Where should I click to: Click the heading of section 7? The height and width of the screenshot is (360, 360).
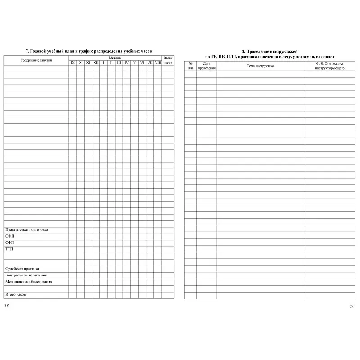[89, 52]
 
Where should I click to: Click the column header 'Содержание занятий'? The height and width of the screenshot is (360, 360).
[36, 60]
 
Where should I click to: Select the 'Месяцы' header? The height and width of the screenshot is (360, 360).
[115, 58]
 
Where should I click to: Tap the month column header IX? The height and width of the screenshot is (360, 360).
[72, 63]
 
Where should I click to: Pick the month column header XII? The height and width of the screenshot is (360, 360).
[96, 63]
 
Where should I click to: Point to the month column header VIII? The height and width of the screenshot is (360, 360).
[157, 63]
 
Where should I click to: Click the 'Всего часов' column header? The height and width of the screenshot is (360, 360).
[167, 60]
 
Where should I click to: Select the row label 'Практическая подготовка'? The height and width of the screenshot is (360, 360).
[27, 230]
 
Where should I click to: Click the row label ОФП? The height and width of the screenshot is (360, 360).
[10, 236]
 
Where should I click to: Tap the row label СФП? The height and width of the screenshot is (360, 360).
[10, 243]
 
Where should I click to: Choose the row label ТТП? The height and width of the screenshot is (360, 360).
[9, 249]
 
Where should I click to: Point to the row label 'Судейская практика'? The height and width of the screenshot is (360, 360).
[22, 269]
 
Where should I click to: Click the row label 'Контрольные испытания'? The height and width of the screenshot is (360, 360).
[26, 275]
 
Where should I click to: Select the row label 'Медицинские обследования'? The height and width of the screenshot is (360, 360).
[28, 282]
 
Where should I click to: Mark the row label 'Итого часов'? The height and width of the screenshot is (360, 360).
[16, 295]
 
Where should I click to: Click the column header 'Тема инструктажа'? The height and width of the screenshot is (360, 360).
[261, 66]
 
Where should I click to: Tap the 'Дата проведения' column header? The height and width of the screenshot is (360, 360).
[207, 66]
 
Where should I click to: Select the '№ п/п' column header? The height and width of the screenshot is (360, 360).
[190, 66]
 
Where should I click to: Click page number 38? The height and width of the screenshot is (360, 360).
[6, 305]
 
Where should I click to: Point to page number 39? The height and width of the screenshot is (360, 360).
[351, 306]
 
